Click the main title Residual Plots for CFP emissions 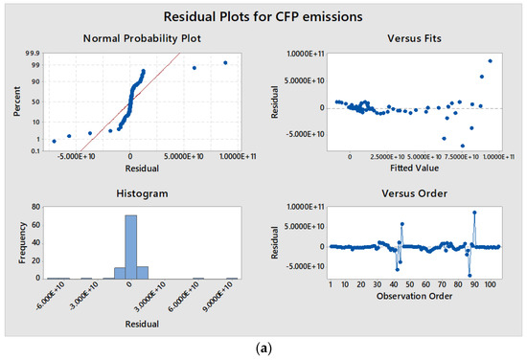[263, 16]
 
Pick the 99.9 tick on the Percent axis [34, 54]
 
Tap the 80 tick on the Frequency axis [36, 206]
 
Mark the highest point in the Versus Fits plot [490, 61]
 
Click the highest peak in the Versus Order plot [473, 213]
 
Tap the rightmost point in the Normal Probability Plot [225, 63]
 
